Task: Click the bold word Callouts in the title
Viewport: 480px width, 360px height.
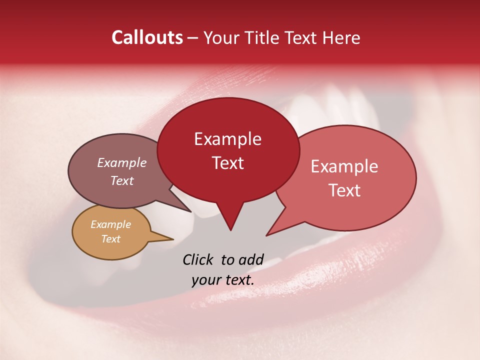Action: coord(147,37)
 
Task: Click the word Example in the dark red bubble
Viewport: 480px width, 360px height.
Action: coord(227,139)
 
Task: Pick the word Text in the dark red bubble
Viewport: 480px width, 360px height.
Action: coord(228,163)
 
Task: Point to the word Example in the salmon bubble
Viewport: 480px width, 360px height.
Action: coord(344,166)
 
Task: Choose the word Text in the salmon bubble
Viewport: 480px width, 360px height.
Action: coord(345,190)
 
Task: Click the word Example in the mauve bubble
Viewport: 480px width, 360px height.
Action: coord(122,162)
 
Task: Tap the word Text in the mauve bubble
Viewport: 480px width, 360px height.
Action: coord(122,180)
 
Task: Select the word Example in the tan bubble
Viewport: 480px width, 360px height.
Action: coord(110,224)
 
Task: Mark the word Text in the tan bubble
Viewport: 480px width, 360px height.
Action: coord(110,239)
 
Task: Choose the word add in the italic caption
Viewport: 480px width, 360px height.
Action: coord(251,259)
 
